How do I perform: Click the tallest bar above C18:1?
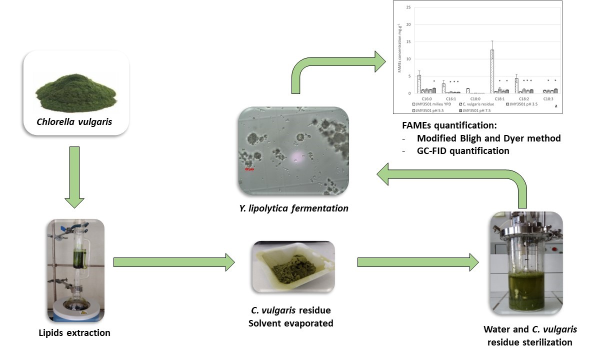pyautogui.click(x=492, y=71)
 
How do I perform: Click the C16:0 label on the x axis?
pyautogui.click(x=425, y=99)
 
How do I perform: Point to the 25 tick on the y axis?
pyautogui.click(x=408, y=7)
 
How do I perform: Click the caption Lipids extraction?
pyautogui.click(x=74, y=332)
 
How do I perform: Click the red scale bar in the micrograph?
pyautogui.click(x=248, y=169)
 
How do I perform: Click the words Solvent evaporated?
pyautogui.click(x=290, y=323)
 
